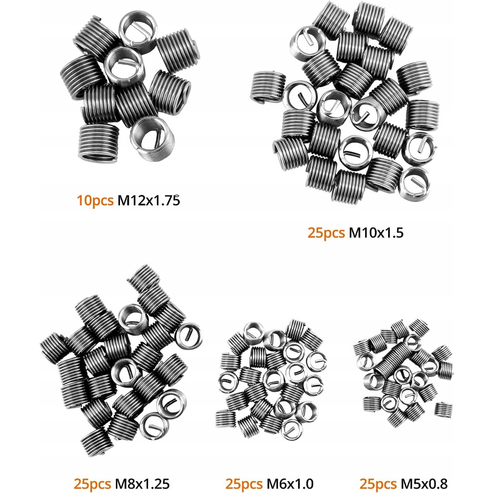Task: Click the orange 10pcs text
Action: [x=95, y=200]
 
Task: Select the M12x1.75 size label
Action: [x=148, y=200]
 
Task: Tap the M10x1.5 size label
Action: [x=376, y=233]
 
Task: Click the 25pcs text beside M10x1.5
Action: [x=326, y=233]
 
